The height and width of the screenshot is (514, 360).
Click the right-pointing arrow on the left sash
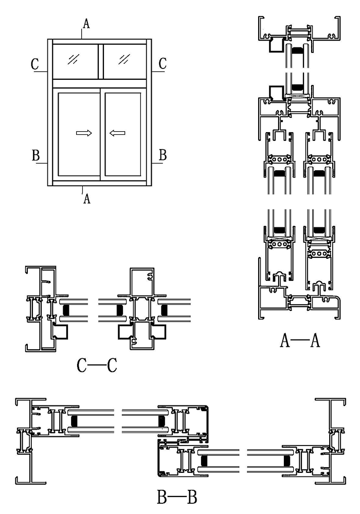[x=84, y=133]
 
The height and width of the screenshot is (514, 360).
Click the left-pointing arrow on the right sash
[x=117, y=133]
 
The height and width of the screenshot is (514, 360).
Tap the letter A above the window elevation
[x=86, y=23]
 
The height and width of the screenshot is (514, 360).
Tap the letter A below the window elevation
[x=87, y=198]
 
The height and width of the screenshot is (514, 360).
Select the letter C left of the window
[x=35, y=64]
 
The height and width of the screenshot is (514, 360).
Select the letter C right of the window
[x=163, y=64]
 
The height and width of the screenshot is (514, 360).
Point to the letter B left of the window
[x=36, y=155]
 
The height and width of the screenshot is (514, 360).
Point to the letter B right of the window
[x=163, y=154]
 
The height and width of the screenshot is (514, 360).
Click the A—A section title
[x=301, y=340]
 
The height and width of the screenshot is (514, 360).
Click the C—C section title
[x=97, y=366]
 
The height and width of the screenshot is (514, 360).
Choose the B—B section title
[x=177, y=498]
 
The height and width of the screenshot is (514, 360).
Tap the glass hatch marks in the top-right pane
[x=123, y=59]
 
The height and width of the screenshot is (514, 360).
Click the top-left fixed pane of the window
[x=75, y=61]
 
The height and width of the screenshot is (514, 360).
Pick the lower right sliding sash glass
[x=122, y=133]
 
